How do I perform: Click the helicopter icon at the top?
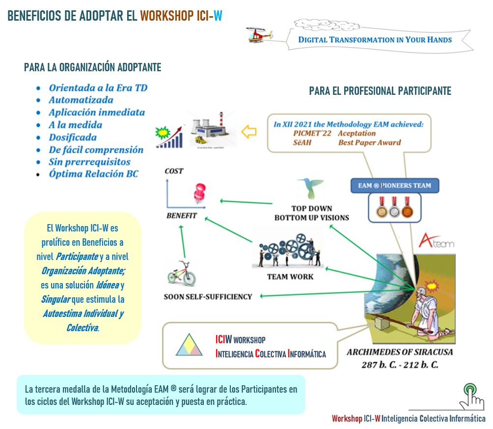pos(259,35)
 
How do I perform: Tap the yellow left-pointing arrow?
pos(250,132)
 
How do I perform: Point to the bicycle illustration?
pos(181,273)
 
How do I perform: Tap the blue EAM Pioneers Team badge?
pos(394,185)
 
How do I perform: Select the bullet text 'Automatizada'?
pos(81,100)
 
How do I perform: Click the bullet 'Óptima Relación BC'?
pos(93,174)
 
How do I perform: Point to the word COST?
pos(174,171)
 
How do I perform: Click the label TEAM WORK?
pos(290,277)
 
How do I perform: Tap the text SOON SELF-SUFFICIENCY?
pos(208,296)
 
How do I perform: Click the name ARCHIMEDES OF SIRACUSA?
pos(400,352)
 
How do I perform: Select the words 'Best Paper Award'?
pos(369,143)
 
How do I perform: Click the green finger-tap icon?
pos(469,395)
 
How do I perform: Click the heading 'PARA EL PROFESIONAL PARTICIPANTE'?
pos(380,91)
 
